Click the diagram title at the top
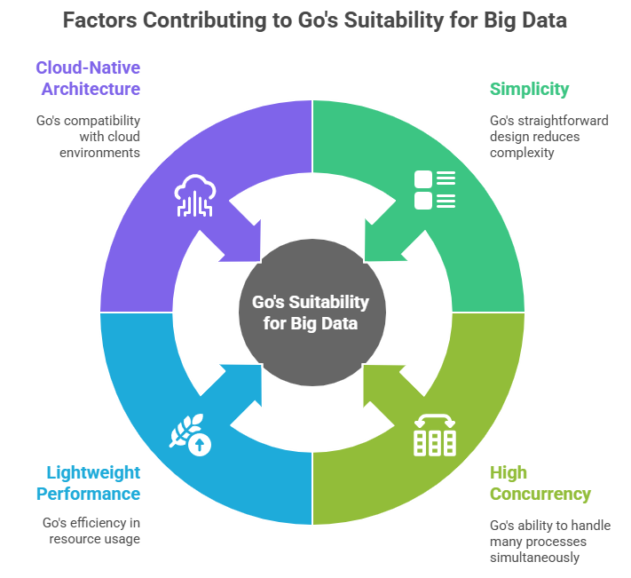tap(315, 20)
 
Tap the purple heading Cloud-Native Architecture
tap(88, 78)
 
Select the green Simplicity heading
tap(529, 89)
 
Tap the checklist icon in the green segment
tap(435, 189)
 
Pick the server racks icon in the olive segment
tap(435, 434)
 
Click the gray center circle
tap(312, 313)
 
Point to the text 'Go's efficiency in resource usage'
tap(91, 530)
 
